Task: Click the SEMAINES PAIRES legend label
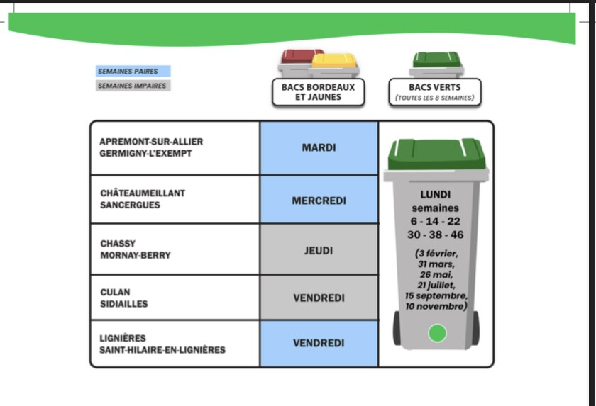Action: tap(133, 71)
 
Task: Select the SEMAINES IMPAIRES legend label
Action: tap(133, 86)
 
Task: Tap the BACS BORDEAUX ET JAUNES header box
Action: tap(318, 92)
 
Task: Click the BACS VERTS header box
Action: tap(434, 92)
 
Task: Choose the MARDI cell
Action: tap(319, 148)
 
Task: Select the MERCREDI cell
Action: tap(319, 201)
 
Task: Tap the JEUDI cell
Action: tap(319, 250)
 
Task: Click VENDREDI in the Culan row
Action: tap(319, 298)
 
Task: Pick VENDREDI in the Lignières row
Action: tap(319, 343)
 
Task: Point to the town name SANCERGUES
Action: tap(130, 205)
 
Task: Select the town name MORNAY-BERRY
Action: tap(136, 255)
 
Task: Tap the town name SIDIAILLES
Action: tap(125, 304)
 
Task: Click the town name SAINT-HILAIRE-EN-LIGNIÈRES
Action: tap(162, 349)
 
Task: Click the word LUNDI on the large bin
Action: tap(436, 194)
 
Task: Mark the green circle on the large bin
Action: tap(437, 332)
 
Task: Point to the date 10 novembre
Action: tap(436, 306)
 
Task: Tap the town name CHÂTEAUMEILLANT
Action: tap(143, 193)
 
